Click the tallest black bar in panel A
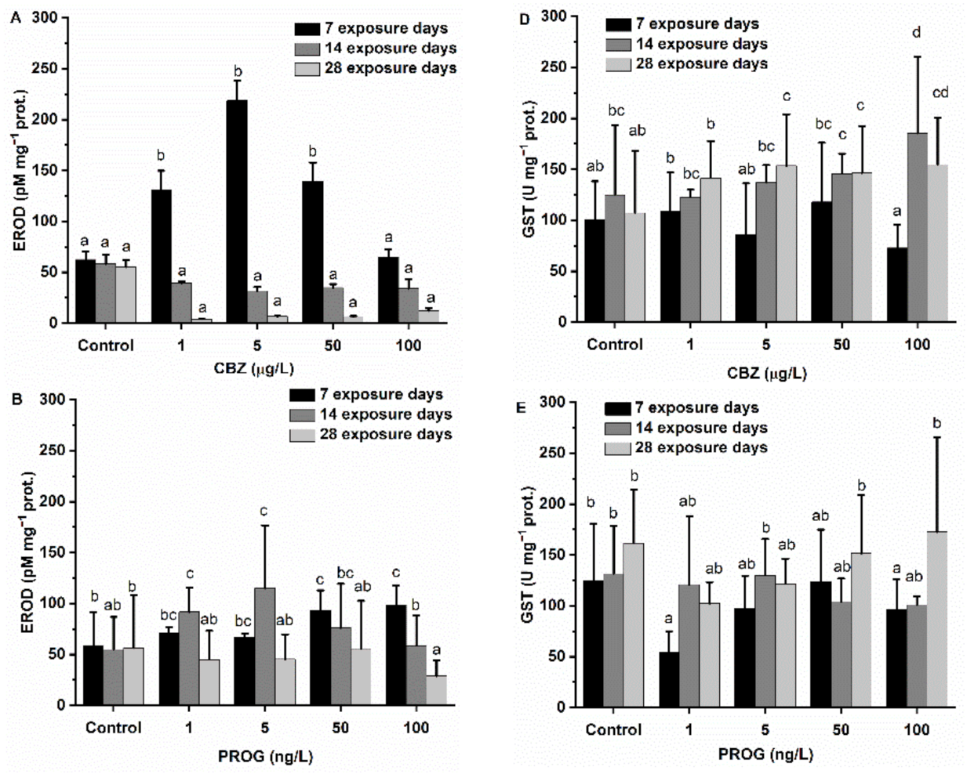click(x=236, y=212)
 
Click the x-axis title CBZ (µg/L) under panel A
click(x=253, y=369)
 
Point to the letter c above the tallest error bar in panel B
click(x=264, y=512)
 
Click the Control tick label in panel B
click(x=113, y=728)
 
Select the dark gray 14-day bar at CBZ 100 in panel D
click(x=917, y=227)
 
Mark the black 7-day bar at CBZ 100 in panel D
click(x=896, y=284)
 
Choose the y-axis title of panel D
click(x=531, y=168)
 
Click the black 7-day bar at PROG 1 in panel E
click(x=669, y=679)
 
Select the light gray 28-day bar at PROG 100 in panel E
click(x=937, y=619)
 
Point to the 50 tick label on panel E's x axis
click(x=841, y=730)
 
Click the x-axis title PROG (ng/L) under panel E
click(x=765, y=754)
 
